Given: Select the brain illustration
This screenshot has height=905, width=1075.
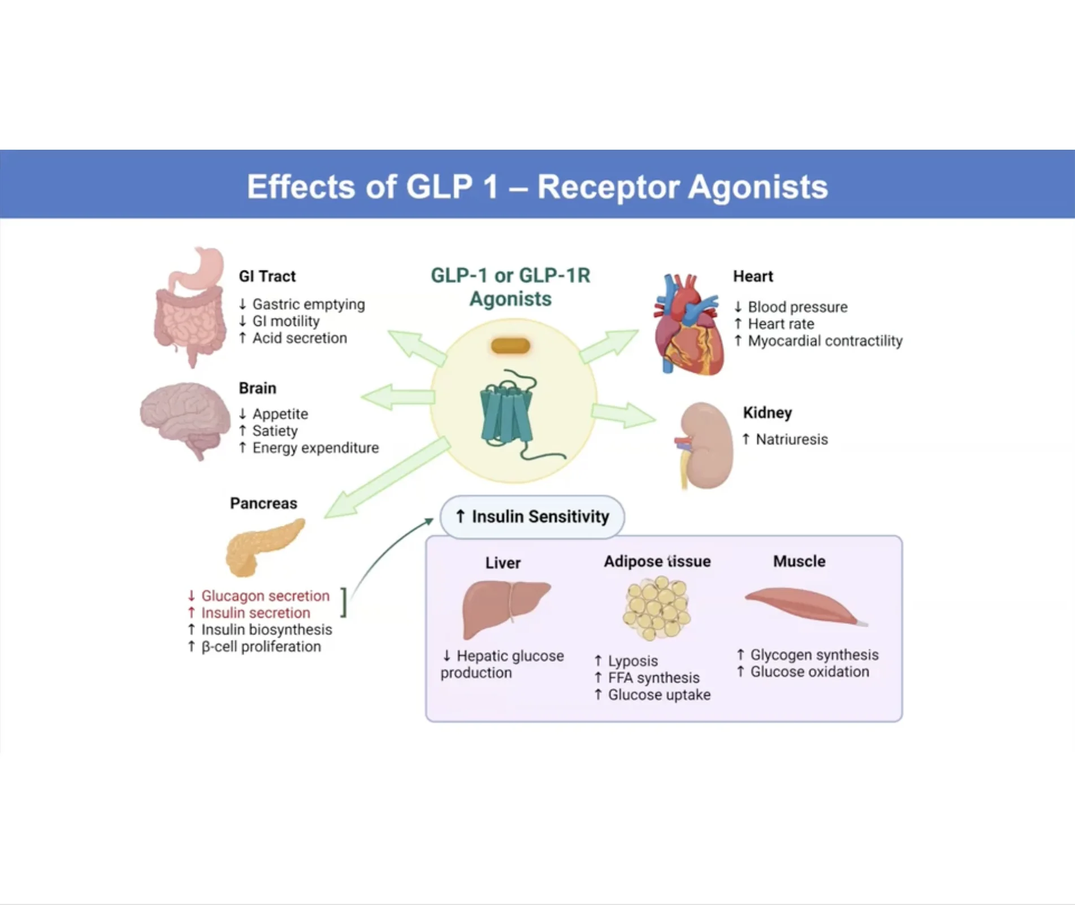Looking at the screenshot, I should point(184,418).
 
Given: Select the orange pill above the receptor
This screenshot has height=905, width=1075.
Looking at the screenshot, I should point(510,346).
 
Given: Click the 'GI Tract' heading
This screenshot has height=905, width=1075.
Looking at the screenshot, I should point(267,276).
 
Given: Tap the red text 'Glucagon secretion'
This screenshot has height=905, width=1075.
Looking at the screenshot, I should point(265,596).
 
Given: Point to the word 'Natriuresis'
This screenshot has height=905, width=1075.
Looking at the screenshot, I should point(791,440).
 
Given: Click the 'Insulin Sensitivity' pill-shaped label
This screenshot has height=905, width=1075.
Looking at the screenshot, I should point(532,516).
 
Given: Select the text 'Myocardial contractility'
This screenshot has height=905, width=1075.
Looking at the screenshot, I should point(825,341).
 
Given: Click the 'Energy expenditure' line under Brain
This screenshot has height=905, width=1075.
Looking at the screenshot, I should point(315,448).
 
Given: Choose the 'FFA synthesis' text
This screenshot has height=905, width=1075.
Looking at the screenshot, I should point(653,678).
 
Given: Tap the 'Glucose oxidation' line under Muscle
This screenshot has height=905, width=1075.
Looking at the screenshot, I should point(809,672).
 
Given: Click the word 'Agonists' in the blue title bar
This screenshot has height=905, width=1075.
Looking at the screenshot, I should point(758,187).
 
